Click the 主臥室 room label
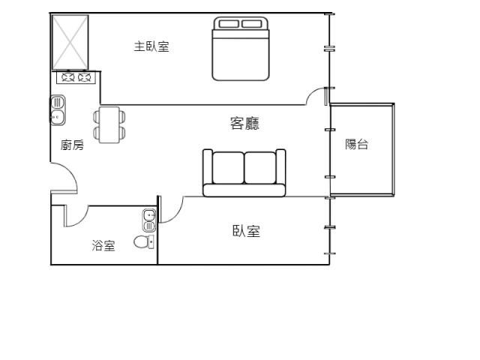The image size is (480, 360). (151, 46)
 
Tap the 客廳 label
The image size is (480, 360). (244, 124)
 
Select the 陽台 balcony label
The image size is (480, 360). (357, 145)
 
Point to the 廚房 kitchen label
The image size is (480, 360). (72, 145)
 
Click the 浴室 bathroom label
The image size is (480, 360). (103, 245)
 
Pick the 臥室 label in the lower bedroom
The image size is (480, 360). (246, 232)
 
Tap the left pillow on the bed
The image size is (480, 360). (229, 24)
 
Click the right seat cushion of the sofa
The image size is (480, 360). (260, 168)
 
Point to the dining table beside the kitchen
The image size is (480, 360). (109, 124)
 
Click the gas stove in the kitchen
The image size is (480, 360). (76, 76)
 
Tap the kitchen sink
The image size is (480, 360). (58, 109)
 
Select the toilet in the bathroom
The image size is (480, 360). (143, 241)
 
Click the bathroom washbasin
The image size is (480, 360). (148, 220)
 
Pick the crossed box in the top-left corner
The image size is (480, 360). (70, 41)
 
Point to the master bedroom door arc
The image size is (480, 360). (316, 95)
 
